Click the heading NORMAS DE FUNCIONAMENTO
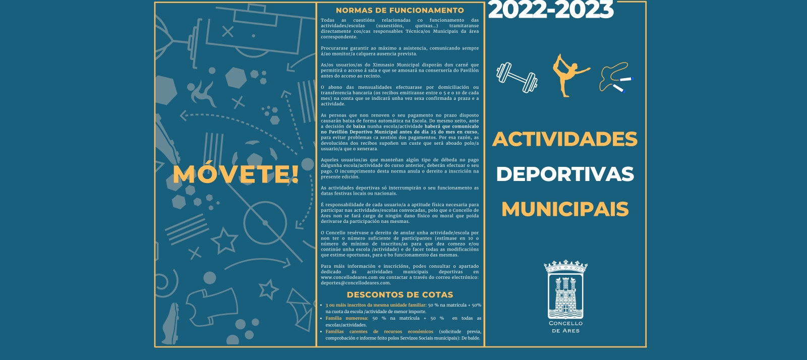pyautogui.click(x=399, y=10)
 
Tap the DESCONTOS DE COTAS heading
pyautogui.click(x=399, y=295)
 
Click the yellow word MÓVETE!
pyautogui.click(x=236, y=174)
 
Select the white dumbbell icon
pyautogui.click(x=516, y=78)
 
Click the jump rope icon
pyautogui.click(x=615, y=78)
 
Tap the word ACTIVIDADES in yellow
pyautogui.click(x=564, y=139)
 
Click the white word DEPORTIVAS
pyautogui.click(x=564, y=174)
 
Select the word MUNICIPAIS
pyautogui.click(x=564, y=209)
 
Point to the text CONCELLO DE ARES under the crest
pyautogui.click(x=565, y=327)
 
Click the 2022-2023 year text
pyautogui.click(x=551, y=10)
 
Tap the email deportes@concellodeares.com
pyautogui.click(x=356, y=283)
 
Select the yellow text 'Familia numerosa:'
pyautogui.click(x=347, y=318)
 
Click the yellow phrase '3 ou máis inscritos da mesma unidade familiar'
pyautogui.click(x=375, y=305)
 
